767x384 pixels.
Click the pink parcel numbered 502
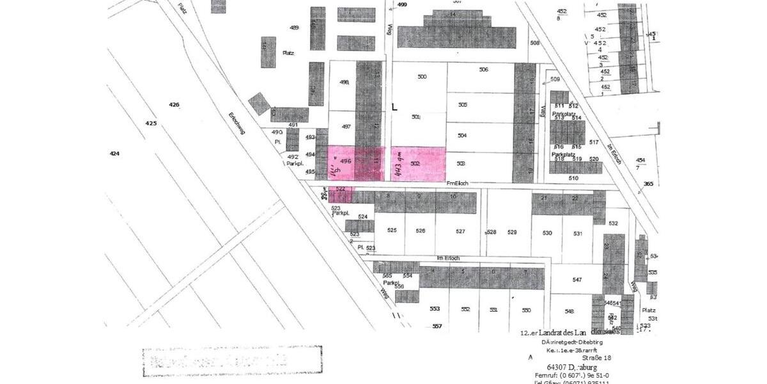(x=419, y=164)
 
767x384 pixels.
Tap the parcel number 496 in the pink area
(x=346, y=161)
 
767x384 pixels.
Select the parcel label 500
(x=422, y=77)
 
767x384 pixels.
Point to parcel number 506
(x=483, y=69)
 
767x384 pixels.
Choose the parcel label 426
(x=174, y=104)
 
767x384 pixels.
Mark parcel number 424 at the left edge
(x=114, y=154)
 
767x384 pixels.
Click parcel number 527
(x=460, y=230)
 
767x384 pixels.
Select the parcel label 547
(x=577, y=280)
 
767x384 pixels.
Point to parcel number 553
(x=435, y=309)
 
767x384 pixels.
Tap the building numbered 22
(x=575, y=198)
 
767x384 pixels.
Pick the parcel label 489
(x=294, y=28)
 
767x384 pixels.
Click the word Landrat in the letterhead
(x=554, y=333)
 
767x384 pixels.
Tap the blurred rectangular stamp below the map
(x=232, y=362)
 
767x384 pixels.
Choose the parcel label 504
(x=463, y=136)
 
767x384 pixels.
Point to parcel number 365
(x=648, y=184)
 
